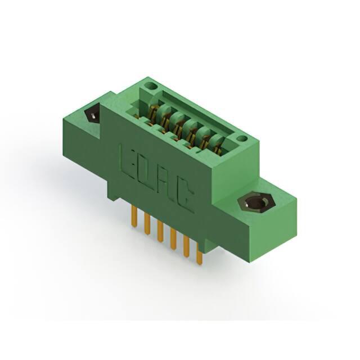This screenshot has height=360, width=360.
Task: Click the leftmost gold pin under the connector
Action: [134, 216]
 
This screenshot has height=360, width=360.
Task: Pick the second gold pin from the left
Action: [147, 223]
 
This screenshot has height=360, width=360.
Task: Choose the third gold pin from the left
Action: [160, 231]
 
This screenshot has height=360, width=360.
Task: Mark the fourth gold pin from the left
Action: [173, 238]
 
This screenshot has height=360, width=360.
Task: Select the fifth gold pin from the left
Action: [186, 246]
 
